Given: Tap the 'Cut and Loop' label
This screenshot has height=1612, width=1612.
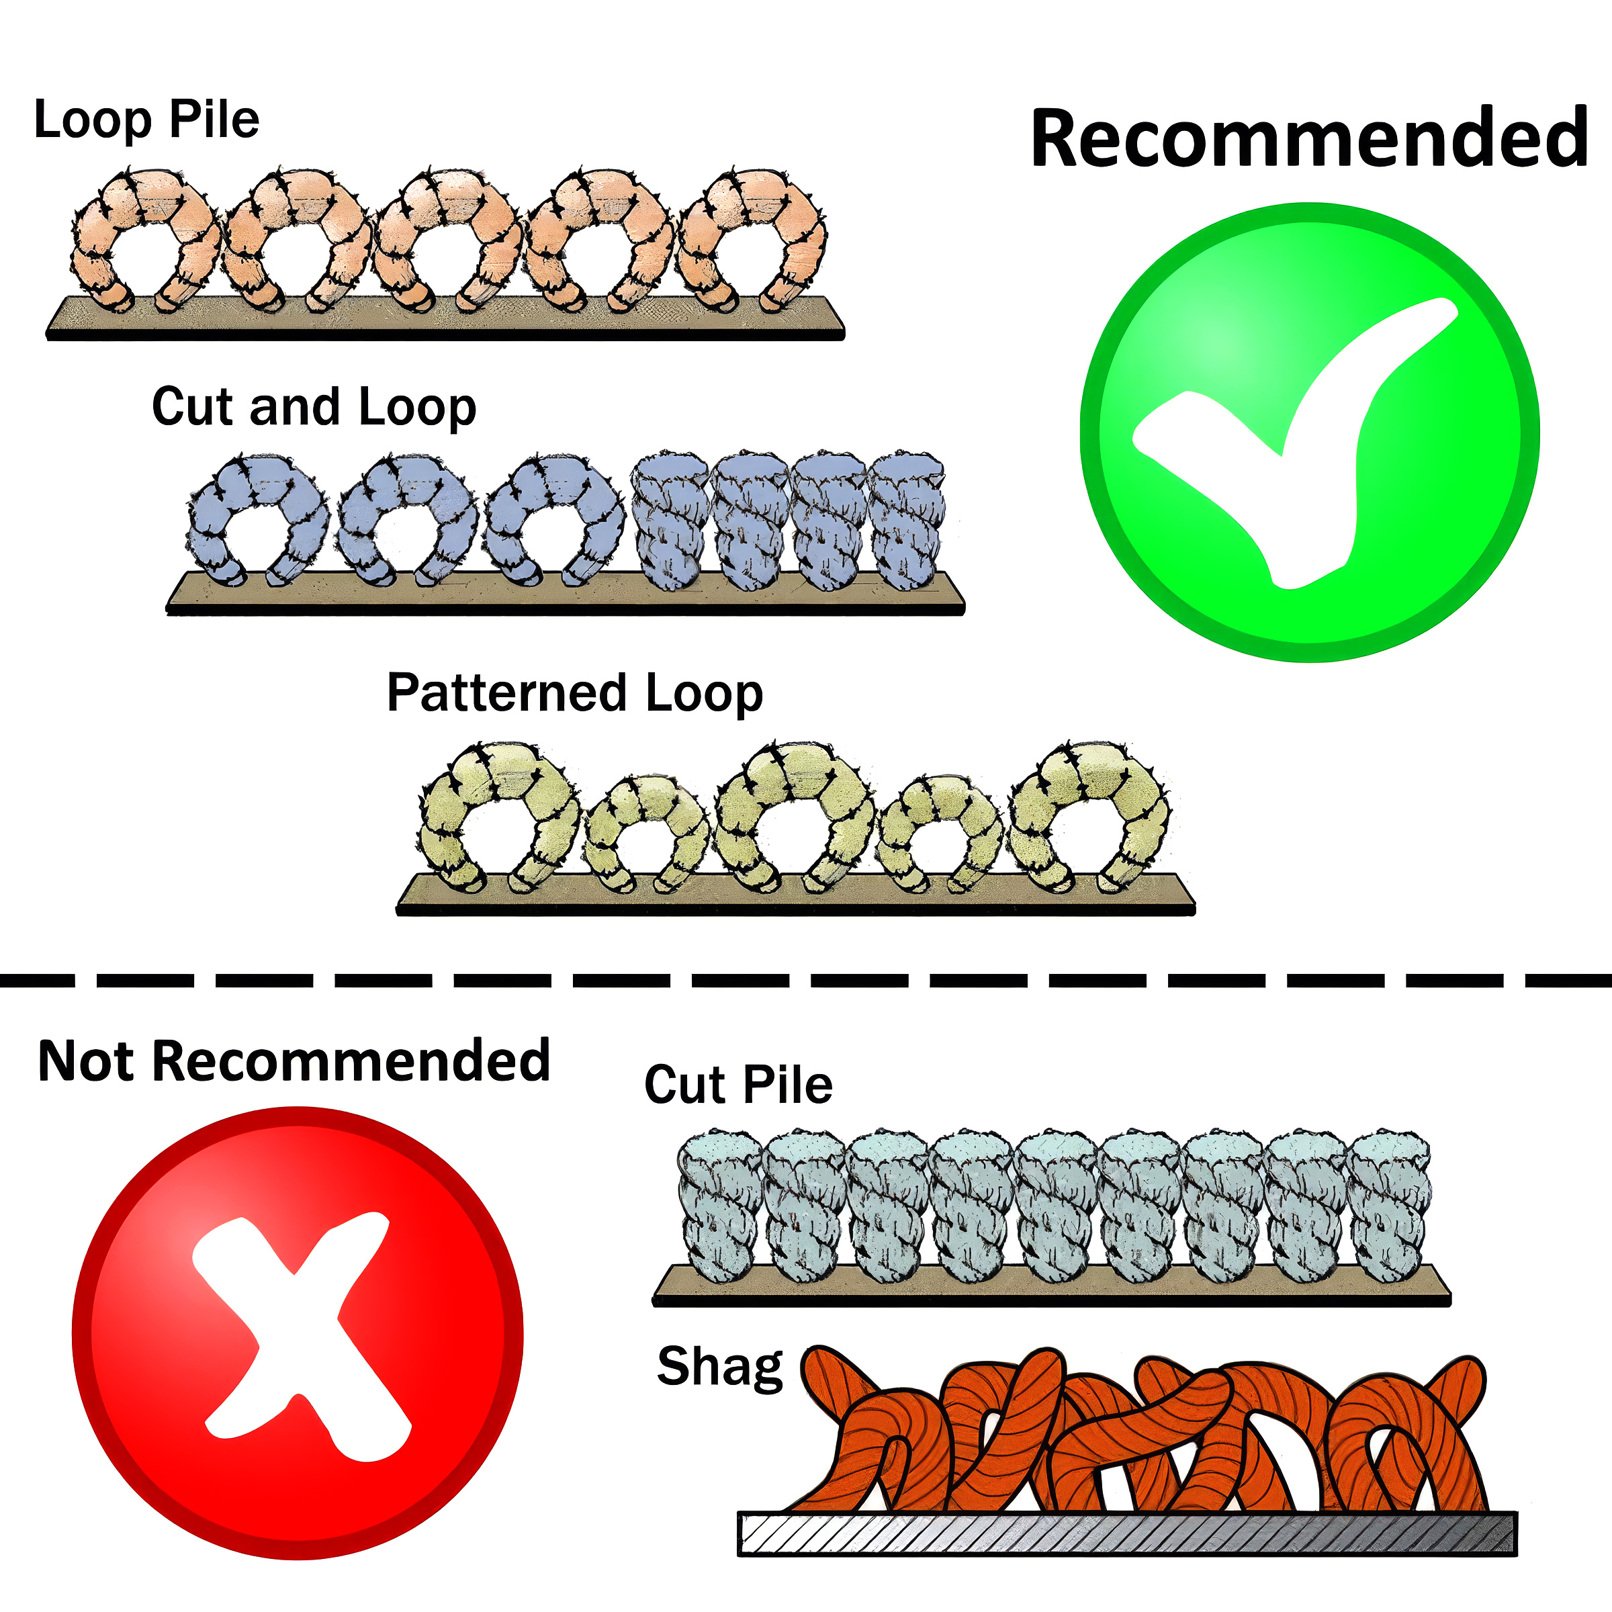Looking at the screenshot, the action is coord(314,408).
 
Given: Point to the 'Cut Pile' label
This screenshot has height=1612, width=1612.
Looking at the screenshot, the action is coord(738,1085).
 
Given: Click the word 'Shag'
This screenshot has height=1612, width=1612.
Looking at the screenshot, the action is coord(720,1368).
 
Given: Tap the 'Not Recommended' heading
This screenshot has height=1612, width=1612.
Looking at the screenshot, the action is coord(294,1061).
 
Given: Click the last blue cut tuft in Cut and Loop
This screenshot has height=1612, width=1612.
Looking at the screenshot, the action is coord(908,521).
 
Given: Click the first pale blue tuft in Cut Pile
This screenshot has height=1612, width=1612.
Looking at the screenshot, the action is coord(721,1205).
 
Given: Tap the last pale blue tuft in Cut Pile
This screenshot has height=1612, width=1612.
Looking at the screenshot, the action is coord(1388,1205).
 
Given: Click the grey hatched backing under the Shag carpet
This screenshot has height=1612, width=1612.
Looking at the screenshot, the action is coord(1127,1533).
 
